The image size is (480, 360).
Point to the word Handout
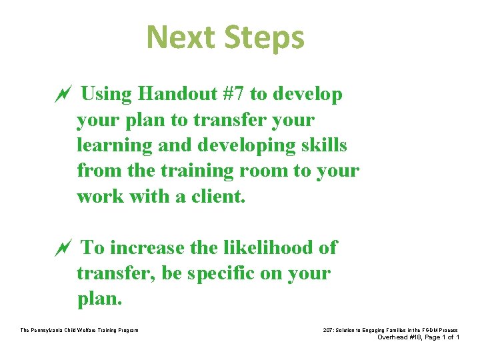[173, 95]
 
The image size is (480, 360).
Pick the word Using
[106, 95]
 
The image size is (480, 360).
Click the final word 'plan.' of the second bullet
[100, 299]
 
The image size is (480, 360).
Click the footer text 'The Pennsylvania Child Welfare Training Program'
[79, 330]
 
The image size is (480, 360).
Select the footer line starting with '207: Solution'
[389, 330]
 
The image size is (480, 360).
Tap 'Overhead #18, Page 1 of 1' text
[418, 337]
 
